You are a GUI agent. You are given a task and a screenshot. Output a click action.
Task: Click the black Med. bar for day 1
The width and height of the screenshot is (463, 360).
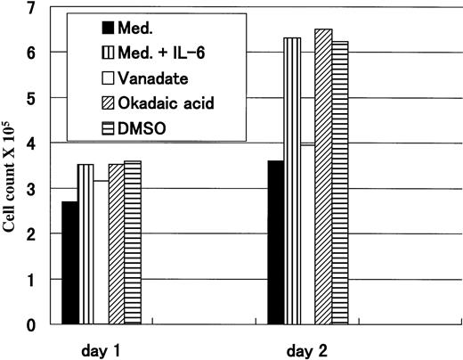69,263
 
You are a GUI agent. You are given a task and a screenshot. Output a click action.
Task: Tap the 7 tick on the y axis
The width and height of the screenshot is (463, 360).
33,9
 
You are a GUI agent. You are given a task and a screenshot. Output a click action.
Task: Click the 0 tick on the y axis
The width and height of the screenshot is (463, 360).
33,324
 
